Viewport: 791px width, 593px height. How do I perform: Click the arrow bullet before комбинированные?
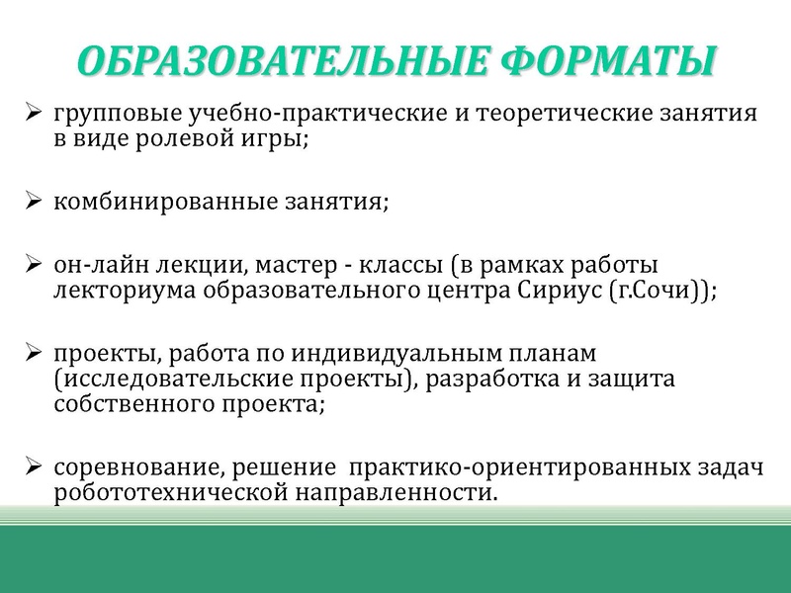(34, 203)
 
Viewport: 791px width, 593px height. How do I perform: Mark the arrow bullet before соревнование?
(34, 466)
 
